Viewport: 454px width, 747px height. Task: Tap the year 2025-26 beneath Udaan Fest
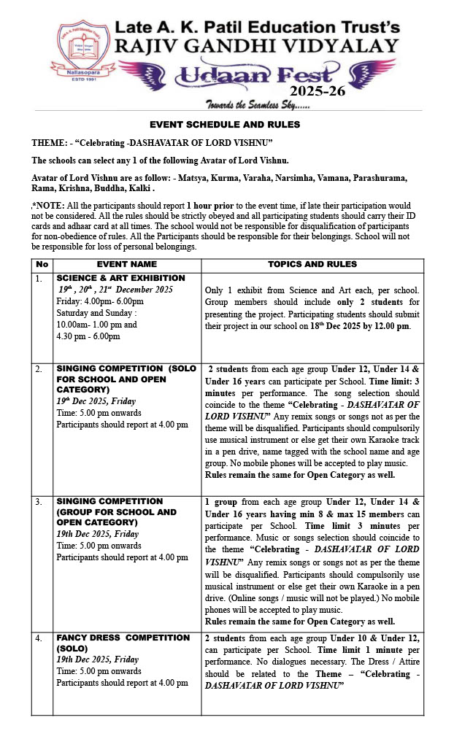[x=320, y=91]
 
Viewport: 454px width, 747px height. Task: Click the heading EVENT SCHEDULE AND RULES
[x=225, y=125]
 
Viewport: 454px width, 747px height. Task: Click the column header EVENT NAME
[x=127, y=264]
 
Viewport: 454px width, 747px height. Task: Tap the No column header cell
[x=42, y=264]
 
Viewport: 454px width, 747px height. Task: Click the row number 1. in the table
[x=40, y=279]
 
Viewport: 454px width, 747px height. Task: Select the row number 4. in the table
[x=40, y=638]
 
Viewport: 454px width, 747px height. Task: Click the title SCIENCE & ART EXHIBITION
[x=120, y=279]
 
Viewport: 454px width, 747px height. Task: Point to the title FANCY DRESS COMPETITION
[x=123, y=638]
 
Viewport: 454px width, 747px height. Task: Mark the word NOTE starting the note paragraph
[x=50, y=206]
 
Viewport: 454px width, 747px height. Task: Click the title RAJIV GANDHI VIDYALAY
[x=255, y=47]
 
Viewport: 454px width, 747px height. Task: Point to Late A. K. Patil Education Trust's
[x=255, y=27]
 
